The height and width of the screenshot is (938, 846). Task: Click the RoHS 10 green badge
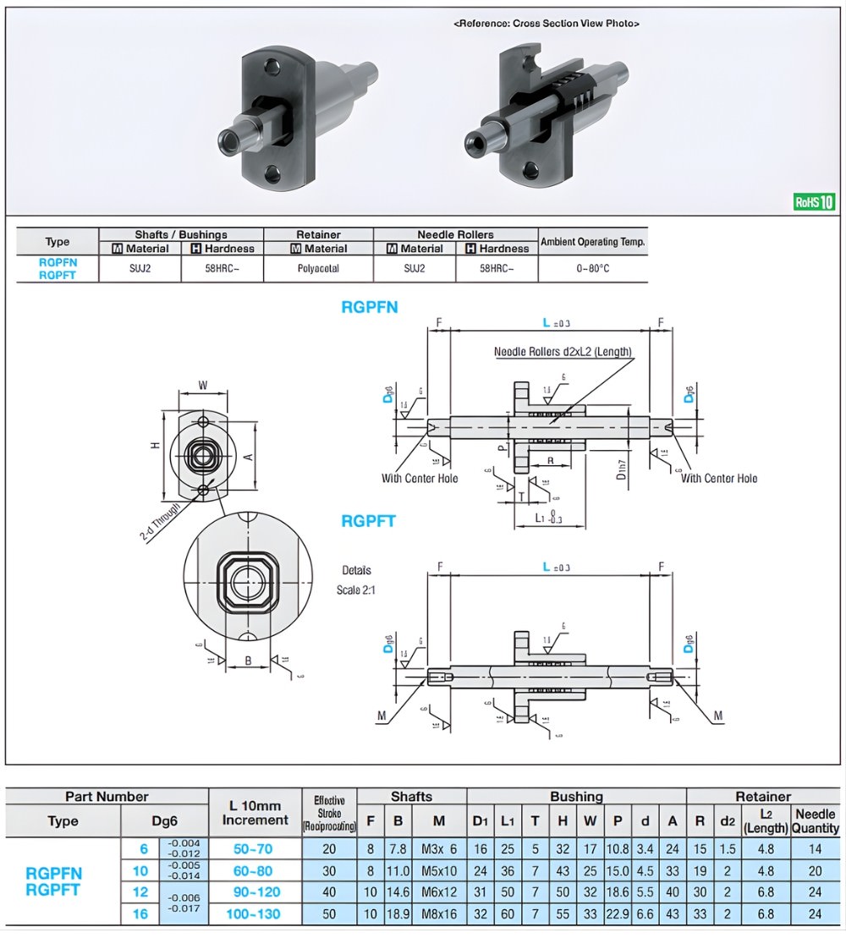814,202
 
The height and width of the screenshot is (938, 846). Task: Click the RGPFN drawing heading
370,308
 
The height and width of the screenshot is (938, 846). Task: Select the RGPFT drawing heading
369,521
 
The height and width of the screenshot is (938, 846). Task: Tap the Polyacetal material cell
318,268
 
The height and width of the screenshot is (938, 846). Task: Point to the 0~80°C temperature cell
592,268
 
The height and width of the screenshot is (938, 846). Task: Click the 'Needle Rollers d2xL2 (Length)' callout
563,352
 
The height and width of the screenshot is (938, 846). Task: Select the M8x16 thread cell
438,913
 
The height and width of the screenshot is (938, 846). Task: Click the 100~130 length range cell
255,913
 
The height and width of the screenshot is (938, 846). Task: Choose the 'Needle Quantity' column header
815,820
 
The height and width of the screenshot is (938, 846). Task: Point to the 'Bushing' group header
576,797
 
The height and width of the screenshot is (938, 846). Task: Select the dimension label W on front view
203,385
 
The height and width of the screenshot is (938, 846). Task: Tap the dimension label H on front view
156,446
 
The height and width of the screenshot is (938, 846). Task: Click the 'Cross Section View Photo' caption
547,24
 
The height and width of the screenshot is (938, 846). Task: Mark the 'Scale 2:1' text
355,590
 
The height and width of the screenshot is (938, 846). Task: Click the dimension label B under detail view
248,661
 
